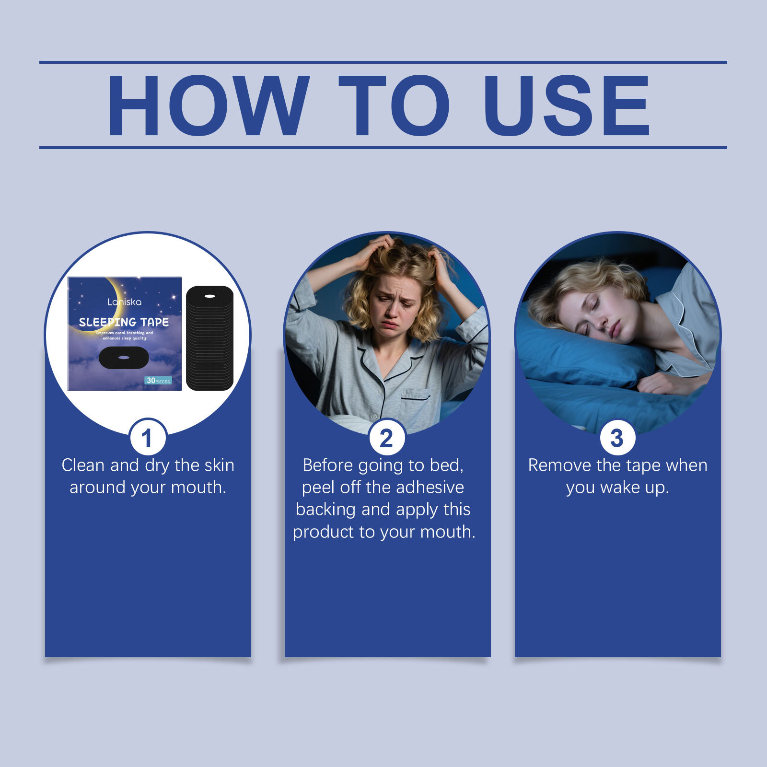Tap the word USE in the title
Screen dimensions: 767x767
(567, 105)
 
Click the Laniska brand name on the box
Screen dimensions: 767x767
(124, 302)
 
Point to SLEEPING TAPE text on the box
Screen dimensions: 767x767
(124, 322)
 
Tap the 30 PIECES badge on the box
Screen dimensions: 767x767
(158, 380)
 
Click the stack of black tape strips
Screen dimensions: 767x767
(209, 338)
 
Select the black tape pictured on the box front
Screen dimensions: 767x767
(124, 358)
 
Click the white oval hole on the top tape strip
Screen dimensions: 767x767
(209, 296)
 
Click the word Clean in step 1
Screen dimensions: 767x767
(83, 465)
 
